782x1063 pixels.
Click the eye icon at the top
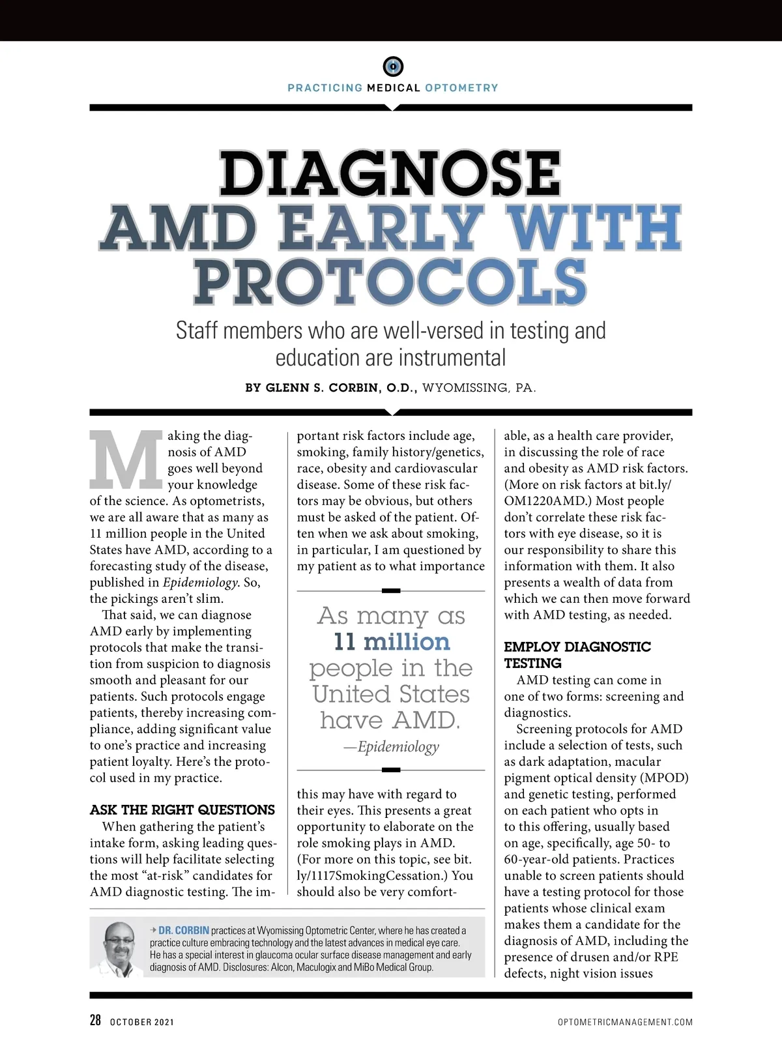[392, 66]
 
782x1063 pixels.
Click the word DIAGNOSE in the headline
[390, 173]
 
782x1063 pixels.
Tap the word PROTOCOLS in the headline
[390, 282]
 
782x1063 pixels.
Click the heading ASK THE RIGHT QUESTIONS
[182, 810]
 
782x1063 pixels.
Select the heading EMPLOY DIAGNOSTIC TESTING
[577, 655]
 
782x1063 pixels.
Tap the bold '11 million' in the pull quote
[392, 642]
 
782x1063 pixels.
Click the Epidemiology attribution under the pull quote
[398, 747]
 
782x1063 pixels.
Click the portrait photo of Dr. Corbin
[118, 949]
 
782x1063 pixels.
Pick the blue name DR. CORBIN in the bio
[184, 931]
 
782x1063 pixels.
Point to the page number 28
[95, 1021]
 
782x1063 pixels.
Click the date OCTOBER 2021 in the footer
[142, 1022]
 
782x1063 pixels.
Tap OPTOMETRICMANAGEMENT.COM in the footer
[625, 1022]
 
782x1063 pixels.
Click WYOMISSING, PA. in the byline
[479, 388]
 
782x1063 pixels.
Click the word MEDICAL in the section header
[394, 88]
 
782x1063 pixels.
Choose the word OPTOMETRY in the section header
[461, 88]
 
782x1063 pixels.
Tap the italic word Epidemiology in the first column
[200, 583]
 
